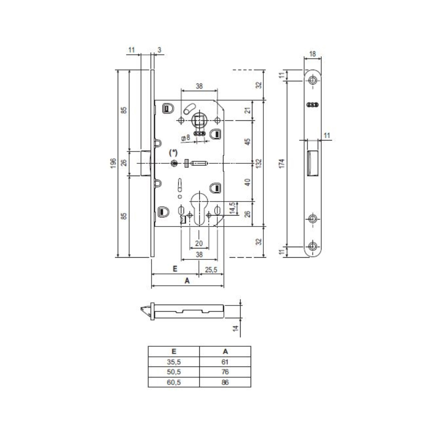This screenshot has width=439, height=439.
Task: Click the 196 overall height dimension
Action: [113, 163]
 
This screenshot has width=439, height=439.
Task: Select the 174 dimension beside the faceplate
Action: [282, 163]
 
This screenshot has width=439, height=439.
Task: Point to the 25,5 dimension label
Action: [211, 270]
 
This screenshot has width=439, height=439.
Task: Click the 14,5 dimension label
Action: [232, 208]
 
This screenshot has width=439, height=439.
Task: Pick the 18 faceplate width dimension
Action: [313, 54]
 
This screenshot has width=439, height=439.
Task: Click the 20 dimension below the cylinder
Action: [199, 243]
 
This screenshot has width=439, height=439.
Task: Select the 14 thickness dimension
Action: [236, 328]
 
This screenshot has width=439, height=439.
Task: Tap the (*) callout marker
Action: [173, 153]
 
